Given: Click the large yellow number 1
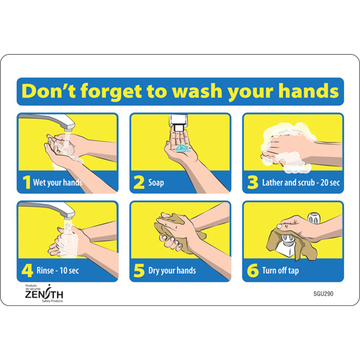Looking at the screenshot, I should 26,182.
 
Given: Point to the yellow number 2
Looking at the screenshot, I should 138,182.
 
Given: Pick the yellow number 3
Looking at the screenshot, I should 251,182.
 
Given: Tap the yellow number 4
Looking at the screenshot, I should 26,271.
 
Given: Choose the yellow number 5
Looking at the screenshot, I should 138,271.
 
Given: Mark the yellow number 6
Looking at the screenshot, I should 251,271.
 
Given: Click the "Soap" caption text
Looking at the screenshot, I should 157,183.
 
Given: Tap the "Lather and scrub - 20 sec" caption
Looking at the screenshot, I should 296,183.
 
